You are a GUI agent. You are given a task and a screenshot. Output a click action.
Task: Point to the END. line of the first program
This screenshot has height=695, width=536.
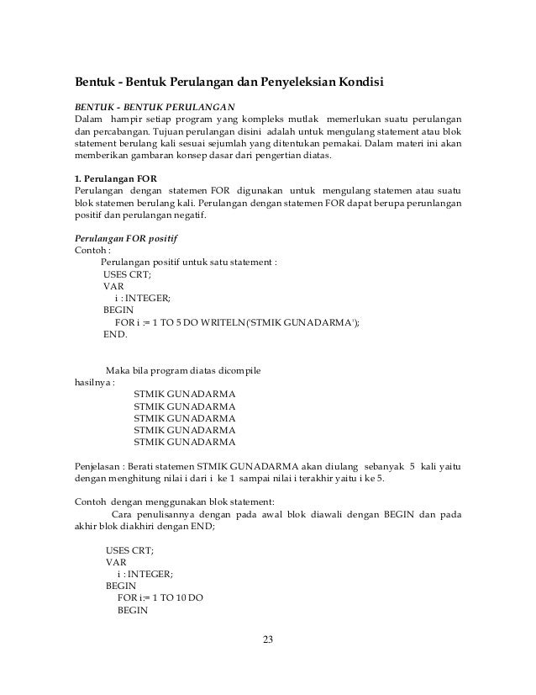(115, 334)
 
